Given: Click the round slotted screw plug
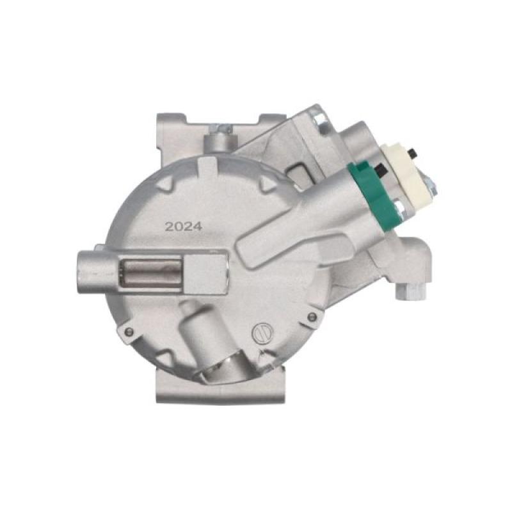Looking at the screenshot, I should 262,332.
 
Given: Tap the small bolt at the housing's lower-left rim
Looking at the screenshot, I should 128,331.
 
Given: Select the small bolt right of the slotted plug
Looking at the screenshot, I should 312,317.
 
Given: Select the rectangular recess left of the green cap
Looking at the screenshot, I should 300,172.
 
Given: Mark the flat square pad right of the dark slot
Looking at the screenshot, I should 207,272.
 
